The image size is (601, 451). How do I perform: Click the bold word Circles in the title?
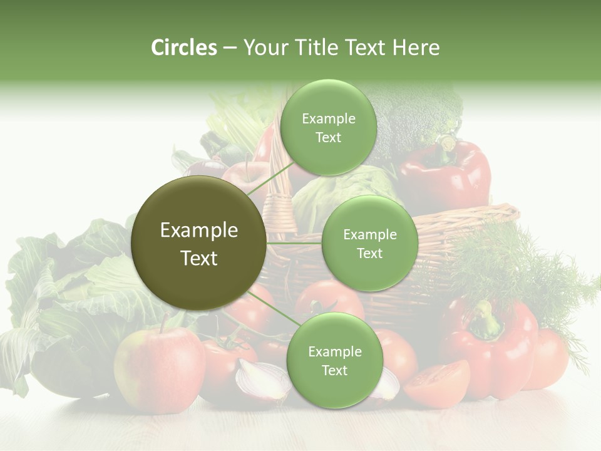coord(183,48)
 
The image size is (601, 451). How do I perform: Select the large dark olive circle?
coord(198,242)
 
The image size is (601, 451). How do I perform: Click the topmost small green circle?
coord(328,127)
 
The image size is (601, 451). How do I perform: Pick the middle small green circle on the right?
coord(369,243)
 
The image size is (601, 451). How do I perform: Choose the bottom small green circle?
coord(334,360)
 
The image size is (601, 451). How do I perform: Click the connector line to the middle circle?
coord(294,243)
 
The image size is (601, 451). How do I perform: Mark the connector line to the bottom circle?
coord(270,308)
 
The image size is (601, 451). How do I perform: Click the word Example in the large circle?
coord(198,231)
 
